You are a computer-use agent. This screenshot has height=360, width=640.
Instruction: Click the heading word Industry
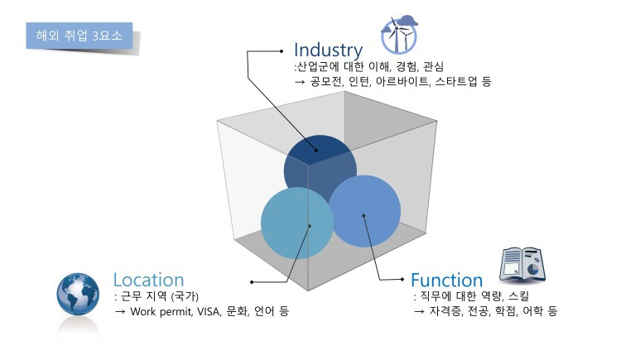point(328,50)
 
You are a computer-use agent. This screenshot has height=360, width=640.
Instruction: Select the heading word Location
point(148,280)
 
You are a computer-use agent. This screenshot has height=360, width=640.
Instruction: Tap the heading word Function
point(446,280)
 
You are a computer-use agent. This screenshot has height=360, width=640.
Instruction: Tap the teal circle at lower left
point(296,223)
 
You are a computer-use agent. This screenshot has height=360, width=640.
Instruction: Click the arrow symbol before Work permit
point(120,311)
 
